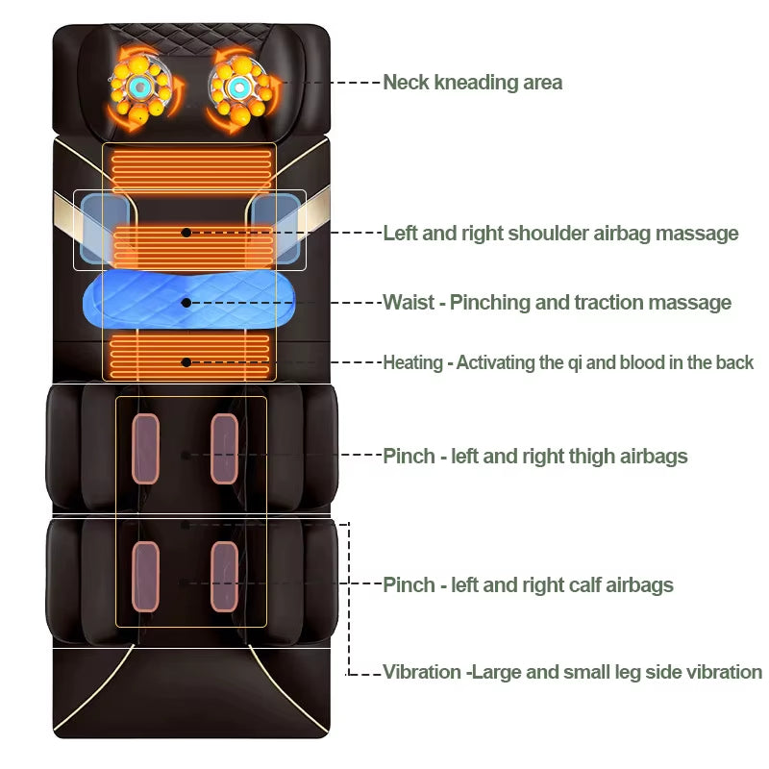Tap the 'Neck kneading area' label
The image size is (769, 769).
click(472, 82)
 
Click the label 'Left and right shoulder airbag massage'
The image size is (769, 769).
click(560, 233)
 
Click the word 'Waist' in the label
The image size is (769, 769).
click(409, 303)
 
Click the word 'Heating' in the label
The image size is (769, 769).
click(412, 362)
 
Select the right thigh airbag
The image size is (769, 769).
click(224, 448)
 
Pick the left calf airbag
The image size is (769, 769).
click(145, 576)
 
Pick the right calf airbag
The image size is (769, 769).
click(224, 576)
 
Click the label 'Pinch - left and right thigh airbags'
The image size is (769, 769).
click(535, 456)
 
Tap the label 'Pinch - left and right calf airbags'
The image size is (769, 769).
click(528, 584)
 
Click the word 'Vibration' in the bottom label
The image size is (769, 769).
click(422, 672)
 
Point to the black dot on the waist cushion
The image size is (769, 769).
click(186, 302)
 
